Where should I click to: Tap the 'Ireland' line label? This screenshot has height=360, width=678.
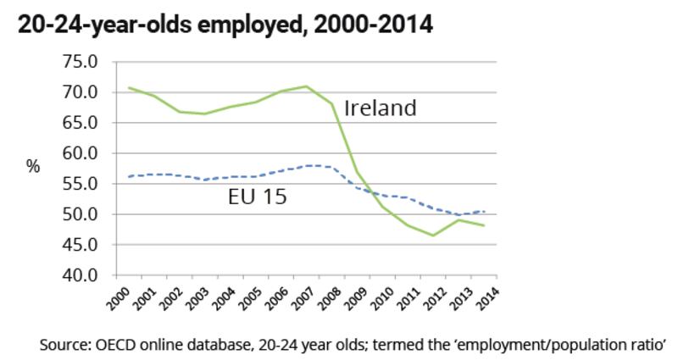(380, 108)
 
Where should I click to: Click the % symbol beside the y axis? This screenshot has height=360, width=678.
(33, 167)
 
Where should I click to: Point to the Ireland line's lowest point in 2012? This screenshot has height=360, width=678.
(432, 235)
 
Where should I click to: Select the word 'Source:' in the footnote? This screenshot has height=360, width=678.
(62, 346)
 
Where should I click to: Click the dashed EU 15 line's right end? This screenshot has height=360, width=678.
(485, 212)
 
